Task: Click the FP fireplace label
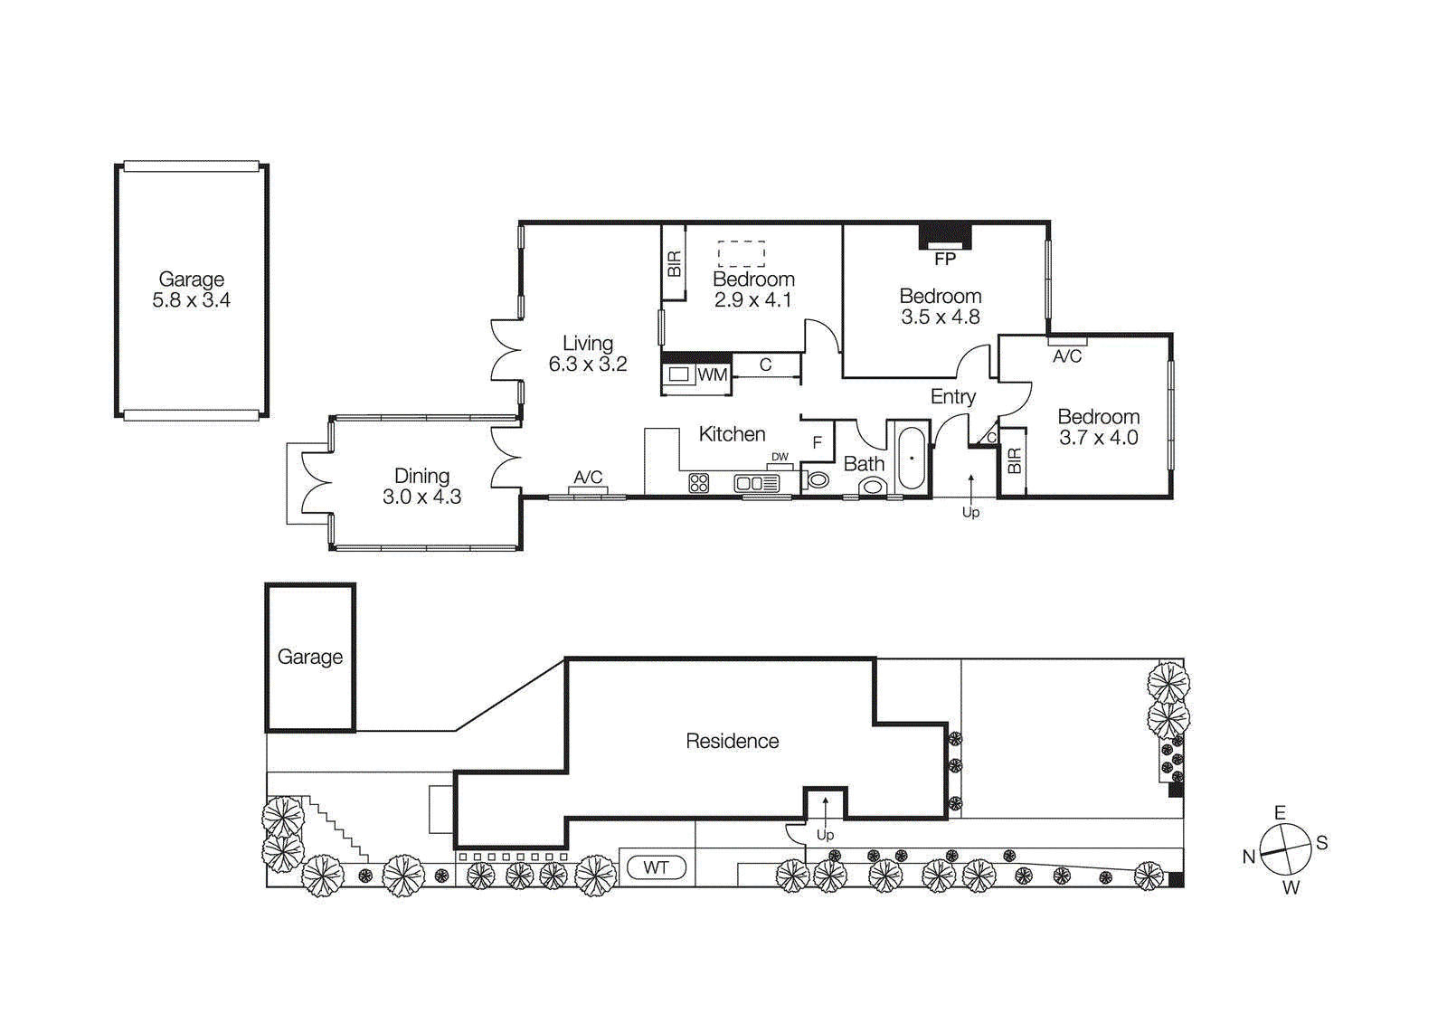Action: pos(945,260)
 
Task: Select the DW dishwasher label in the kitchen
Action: pos(780,457)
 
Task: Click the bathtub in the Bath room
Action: pos(911,458)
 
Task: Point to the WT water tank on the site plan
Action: pos(657,867)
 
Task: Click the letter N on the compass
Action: pos(1249,857)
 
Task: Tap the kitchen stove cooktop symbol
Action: pos(699,483)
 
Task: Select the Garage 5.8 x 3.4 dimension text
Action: pos(191,300)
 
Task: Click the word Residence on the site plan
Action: pos(732,741)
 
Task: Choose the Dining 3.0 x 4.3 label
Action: pos(421,486)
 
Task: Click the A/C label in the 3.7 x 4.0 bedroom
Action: pos(1067,356)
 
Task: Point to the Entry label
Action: pos(953,396)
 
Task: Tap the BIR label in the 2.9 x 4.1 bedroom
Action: pos(674,264)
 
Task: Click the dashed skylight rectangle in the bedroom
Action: pos(742,253)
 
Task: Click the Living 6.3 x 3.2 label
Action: pos(588,354)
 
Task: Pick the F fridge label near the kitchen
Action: pos(818,442)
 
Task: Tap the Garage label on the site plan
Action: pos(310,657)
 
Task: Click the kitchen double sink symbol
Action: pos(756,483)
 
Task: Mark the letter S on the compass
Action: pos(1321,843)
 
